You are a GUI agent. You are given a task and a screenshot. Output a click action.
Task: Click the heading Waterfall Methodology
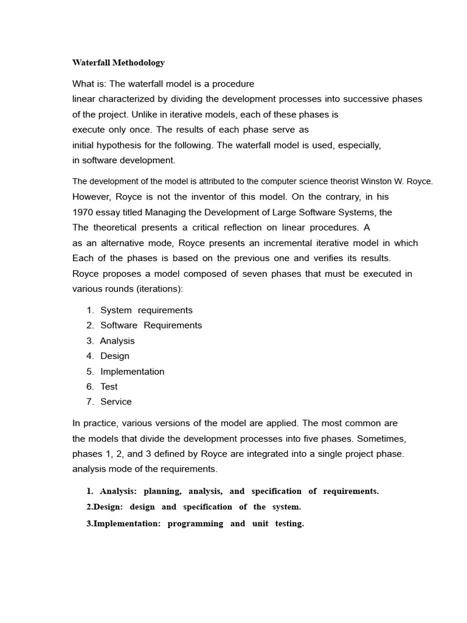119,63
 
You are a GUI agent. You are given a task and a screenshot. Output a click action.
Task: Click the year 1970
83,212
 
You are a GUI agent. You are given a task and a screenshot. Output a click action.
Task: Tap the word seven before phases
252,274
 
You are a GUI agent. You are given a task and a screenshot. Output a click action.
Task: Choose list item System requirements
146,310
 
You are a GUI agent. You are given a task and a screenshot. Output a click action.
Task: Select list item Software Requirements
151,325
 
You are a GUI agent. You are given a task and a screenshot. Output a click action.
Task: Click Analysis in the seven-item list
117,341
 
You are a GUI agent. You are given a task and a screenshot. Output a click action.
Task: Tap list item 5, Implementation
132,371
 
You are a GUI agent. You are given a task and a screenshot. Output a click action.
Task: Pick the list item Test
109,386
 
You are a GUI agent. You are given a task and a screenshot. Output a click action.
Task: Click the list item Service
116,402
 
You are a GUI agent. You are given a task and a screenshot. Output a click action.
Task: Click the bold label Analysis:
119,491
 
